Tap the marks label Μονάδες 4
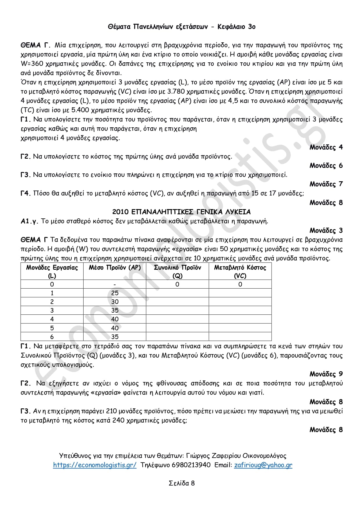pyautogui.click(x=326, y=147)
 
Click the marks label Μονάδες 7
pyautogui.click(x=326, y=184)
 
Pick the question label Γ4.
pyautogui.click(x=26, y=193)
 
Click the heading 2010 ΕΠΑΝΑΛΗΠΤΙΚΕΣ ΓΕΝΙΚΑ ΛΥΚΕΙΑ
pyautogui.click(x=181, y=212)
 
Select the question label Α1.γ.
pyautogui.click(x=29, y=221)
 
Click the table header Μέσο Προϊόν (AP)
pyautogui.click(x=115, y=268)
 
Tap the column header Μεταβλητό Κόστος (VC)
pyautogui.click(x=240, y=271)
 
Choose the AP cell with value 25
pyautogui.click(x=115, y=293)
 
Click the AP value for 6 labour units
pyautogui.click(x=115, y=337)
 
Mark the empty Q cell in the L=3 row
pyautogui.click(x=177, y=310)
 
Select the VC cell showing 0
pyautogui.click(x=240, y=285)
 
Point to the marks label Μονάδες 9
pyautogui.click(x=326, y=374)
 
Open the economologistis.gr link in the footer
pyautogui.click(x=95, y=465)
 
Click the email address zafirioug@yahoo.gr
pyautogui.click(x=263, y=465)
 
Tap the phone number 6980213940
pyautogui.click(x=191, y=465)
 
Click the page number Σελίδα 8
pyautogui.click(x=182, y=483)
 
